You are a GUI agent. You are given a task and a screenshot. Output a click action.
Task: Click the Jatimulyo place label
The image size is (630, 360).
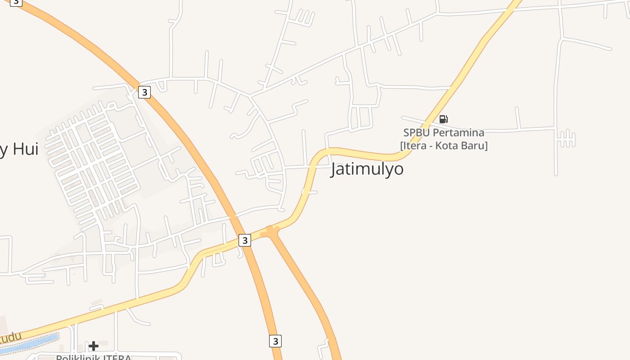tap(367, 169)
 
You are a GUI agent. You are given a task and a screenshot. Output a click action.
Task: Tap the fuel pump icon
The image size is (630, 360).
tap(443, 119)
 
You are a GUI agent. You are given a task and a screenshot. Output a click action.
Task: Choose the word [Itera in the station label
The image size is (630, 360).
tap(414, 146)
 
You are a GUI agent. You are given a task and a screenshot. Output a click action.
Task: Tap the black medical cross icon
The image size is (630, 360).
tap(94, 346)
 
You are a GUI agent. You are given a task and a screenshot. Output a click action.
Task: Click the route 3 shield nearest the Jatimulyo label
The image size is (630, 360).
tap(244, 240)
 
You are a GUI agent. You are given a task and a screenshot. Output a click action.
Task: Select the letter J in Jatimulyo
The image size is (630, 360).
tap(335, 170)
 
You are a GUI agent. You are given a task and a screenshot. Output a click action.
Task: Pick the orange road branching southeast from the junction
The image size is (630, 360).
tap(306, 288)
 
